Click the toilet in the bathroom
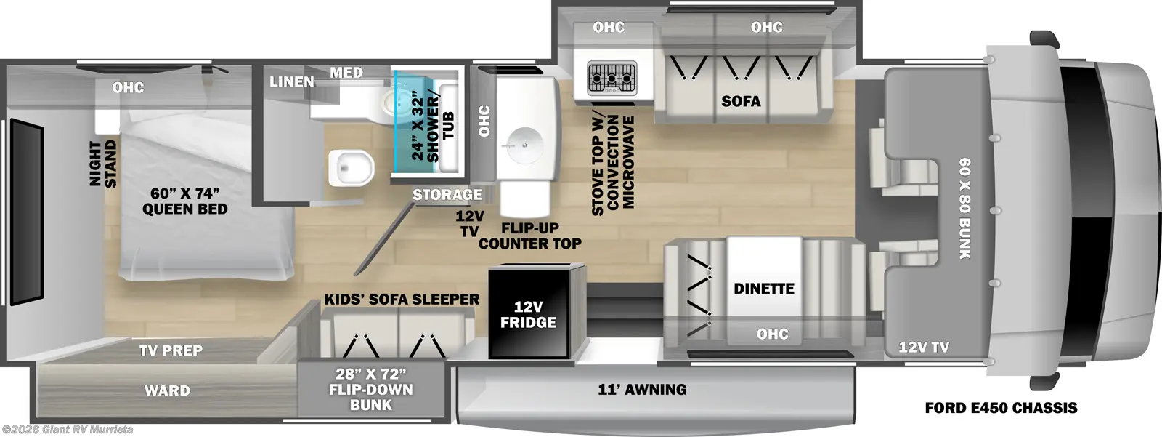pos(352,168)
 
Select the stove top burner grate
pos(612,79)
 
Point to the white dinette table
pos(764,289)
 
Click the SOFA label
pos(741,101)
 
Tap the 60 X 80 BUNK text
pos(965,209)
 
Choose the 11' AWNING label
pos(642,389)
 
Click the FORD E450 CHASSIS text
pos(1001,408)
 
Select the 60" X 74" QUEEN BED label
pos(185,201)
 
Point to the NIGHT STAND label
pos(103,164)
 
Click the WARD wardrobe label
pos(167,390)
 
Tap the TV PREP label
pos(171,350)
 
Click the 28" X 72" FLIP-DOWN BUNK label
pos(371,389)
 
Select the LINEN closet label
pos(291,81)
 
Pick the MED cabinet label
pos(346,73)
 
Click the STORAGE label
pos(447,195)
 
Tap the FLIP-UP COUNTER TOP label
pos(529,236)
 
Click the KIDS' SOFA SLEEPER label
pos(402,300)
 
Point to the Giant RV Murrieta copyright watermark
pos(68,430)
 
